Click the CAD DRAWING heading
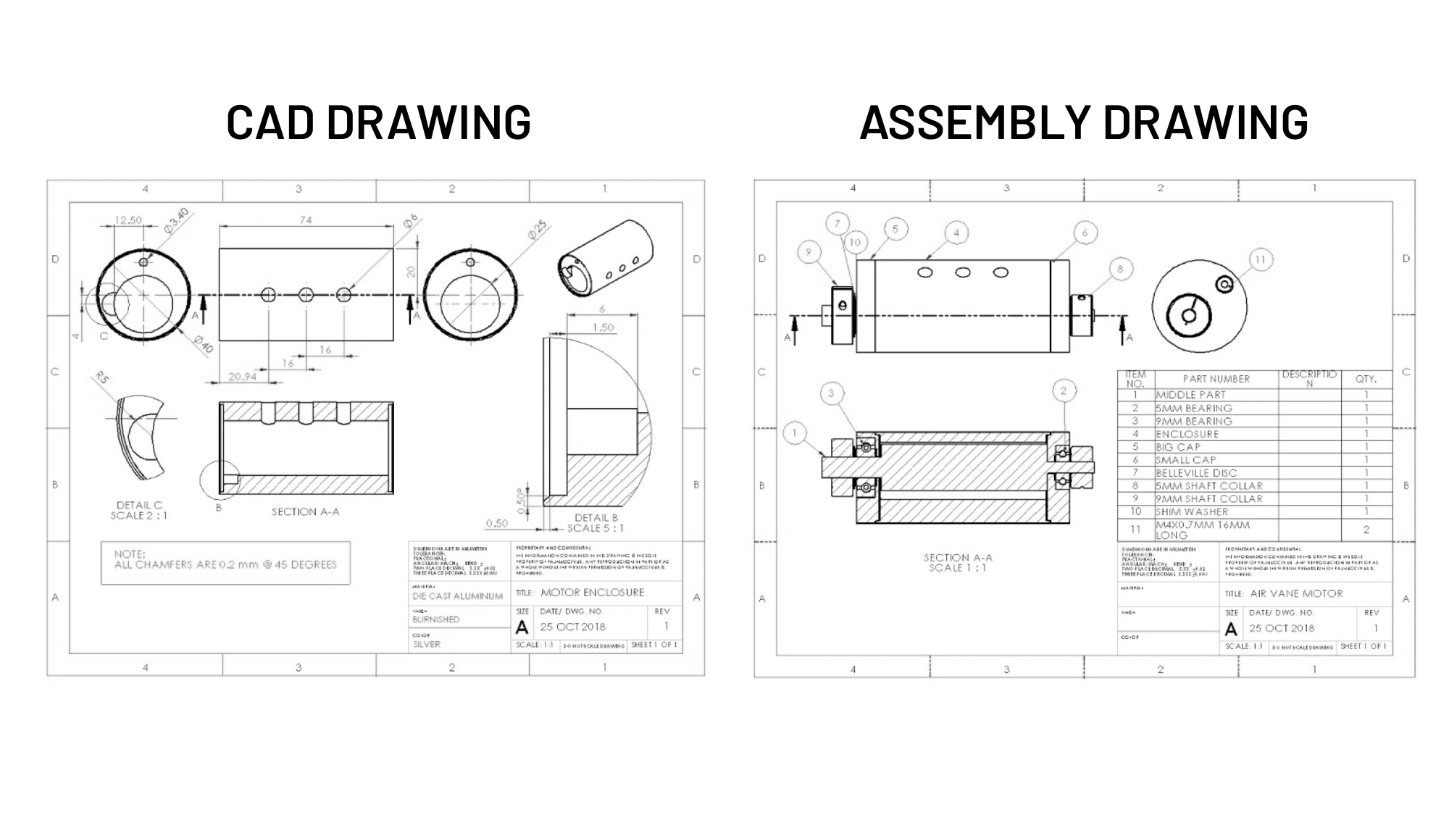[378, 122]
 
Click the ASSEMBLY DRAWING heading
[1084, 122]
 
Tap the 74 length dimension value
[306, 220]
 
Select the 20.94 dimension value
[242, 377]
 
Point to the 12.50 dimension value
[128, 220]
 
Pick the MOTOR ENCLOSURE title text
[592, 593]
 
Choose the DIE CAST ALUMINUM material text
[457, 596]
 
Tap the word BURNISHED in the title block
[435, 619]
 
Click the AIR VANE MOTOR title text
[1296, 593]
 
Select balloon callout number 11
[1261, 260]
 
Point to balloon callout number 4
[956, 233]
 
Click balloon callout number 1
[795, 434]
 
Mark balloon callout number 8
[1120, 269]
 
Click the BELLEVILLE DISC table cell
[1195, 473]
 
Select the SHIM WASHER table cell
[1191, 511]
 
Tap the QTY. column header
[1366, 379]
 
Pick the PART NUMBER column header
[1216, 379]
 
